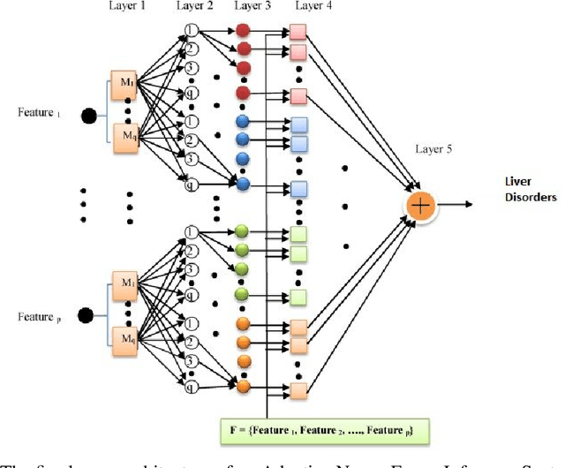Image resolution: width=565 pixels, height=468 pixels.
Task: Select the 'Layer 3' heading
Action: pyautogui.click(x=253, y=8)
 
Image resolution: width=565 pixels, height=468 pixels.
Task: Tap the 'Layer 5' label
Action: pyautogui.click(x=433, y=149)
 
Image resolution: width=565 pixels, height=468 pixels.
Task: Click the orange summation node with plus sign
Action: pyautogui.click(x=422, y=205)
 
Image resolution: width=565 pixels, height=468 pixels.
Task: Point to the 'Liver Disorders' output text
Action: pyautogui.click(x=530, y=189)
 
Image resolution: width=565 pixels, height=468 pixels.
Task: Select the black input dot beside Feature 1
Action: pyautogui.click(x=89, y=116)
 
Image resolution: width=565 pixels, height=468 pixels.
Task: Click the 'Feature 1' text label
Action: pyautogui.click(x=39, y=113)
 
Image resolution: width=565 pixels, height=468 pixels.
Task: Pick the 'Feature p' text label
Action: pyautogui.click(x=39, y=315)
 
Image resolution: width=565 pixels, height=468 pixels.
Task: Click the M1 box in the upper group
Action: pyautogui.click(x=124, y=84)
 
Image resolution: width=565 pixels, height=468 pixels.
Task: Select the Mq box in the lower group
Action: pyautogui.click(x=124, y=336)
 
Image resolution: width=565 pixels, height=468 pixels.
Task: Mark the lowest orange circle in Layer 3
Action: pyautogui.click(x=243, y=386)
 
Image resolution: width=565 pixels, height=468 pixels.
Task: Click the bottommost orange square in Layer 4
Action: pyautogui.click(x=298, y=389)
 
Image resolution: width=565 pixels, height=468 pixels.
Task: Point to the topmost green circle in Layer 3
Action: pyautogui.click(x=243, y=231)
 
